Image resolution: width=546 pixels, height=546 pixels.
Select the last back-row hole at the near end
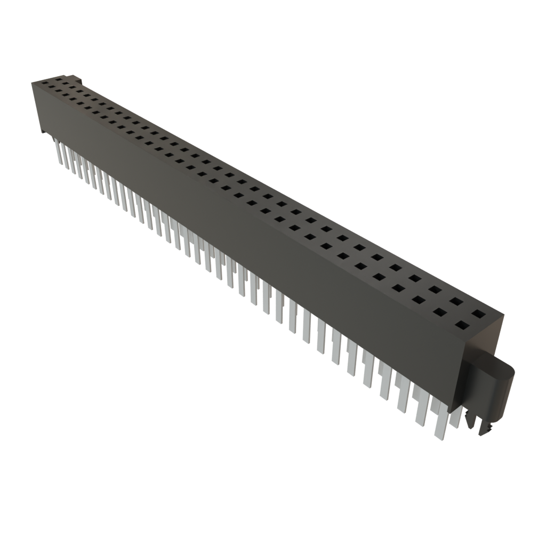pos(479,313)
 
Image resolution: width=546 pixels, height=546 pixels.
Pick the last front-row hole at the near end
pos(462,324)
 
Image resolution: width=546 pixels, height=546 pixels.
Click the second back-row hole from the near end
pos(456,301)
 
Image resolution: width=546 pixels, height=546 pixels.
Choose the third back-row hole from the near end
pos(435,290)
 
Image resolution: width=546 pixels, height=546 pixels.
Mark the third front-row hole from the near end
pos(419,300)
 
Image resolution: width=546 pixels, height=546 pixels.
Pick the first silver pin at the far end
pos(58,147)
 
